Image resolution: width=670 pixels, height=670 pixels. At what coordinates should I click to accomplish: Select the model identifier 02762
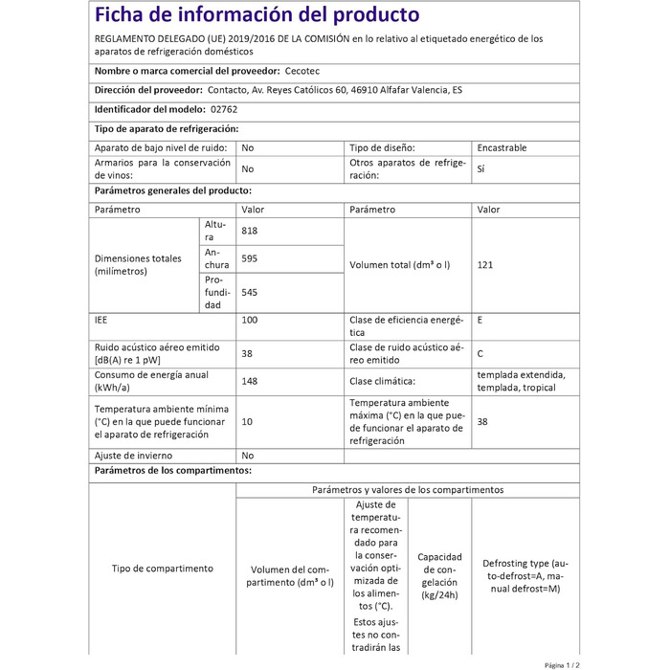click(x=209, y=109)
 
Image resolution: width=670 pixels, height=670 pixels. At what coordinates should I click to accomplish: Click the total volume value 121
click(x=485, y=264)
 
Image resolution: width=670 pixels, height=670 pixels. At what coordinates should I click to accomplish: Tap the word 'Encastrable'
click(x=502, y=148)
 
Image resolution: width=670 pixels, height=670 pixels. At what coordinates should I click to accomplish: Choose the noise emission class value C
click(x=480, y=353)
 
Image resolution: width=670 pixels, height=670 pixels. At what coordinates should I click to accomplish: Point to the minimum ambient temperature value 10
click(x=248, y=422)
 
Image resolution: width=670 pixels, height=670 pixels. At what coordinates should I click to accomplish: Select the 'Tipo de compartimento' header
click(x=162, y=568)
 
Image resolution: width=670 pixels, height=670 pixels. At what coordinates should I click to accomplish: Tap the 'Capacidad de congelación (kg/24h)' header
click(x=439, y=575)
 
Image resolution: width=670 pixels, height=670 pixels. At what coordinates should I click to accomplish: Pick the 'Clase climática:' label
click(x=388, y=381)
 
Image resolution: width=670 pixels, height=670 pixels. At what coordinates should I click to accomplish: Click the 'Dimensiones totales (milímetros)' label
click(x=138, y=264)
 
